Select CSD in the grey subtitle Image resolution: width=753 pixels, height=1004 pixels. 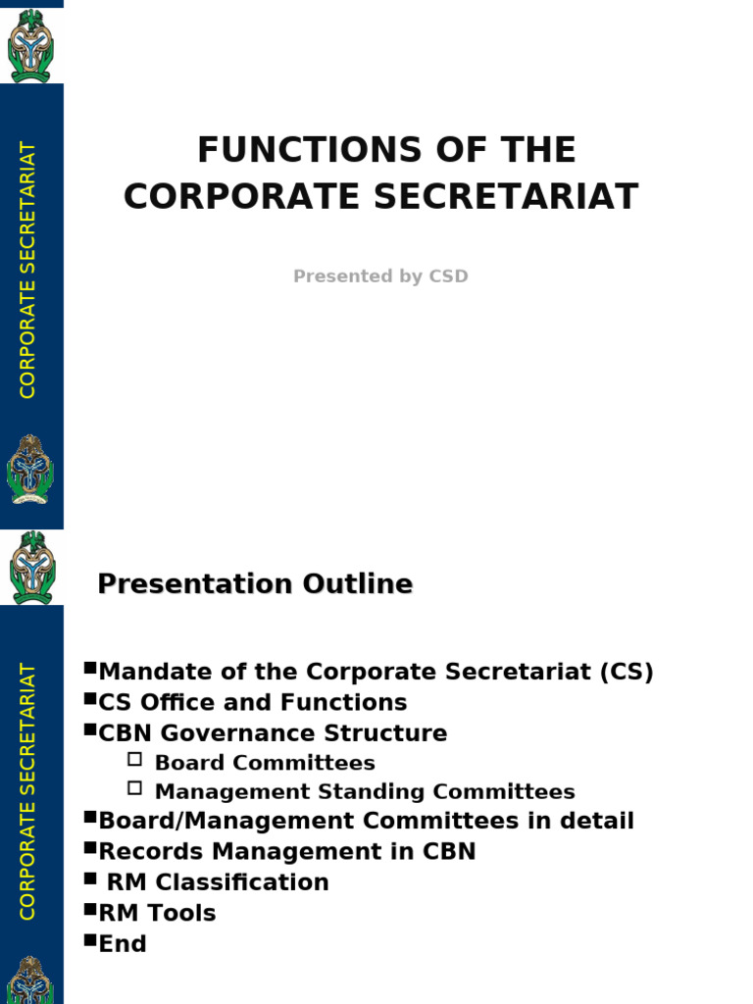[x=448, y=276]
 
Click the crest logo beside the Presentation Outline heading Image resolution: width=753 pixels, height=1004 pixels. [x=31, y=568]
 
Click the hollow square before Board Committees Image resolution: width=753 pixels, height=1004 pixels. [x=135, y=759]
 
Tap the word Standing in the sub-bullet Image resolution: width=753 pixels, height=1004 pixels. [x=380, y=791]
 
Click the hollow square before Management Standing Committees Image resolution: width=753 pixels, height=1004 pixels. [x=135, y=787]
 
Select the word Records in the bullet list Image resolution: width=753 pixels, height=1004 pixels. [x=144, y=852]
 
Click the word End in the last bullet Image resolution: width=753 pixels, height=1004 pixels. [x=123, y=944]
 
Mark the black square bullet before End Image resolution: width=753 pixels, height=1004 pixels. [x=90, y=940]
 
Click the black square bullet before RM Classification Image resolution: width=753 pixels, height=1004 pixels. [x=90, y=878]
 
